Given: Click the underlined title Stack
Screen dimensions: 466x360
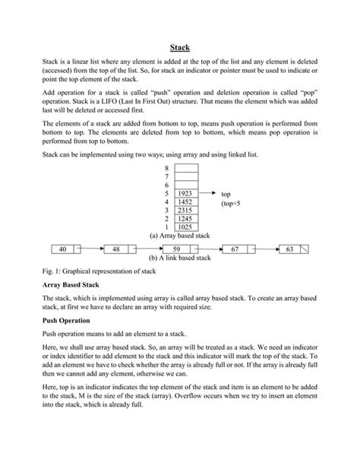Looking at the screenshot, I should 179,47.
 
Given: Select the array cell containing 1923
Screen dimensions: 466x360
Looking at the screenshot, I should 185,194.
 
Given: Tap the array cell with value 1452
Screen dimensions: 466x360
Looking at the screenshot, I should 185,202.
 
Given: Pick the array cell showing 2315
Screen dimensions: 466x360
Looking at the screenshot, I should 185,211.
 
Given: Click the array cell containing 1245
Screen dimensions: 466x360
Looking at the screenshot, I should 185,219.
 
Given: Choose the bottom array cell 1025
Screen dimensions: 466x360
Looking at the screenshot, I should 185,227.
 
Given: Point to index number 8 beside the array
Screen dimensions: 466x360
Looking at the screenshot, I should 166,168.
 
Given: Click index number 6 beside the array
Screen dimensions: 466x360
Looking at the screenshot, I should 166,185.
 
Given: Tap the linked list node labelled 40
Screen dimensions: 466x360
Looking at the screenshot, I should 62,249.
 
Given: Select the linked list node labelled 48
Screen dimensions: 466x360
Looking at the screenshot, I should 116,249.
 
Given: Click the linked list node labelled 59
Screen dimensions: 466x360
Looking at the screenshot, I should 175,249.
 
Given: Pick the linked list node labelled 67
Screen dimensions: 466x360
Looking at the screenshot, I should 235,249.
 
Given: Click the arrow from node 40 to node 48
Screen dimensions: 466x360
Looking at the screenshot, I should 90,249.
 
